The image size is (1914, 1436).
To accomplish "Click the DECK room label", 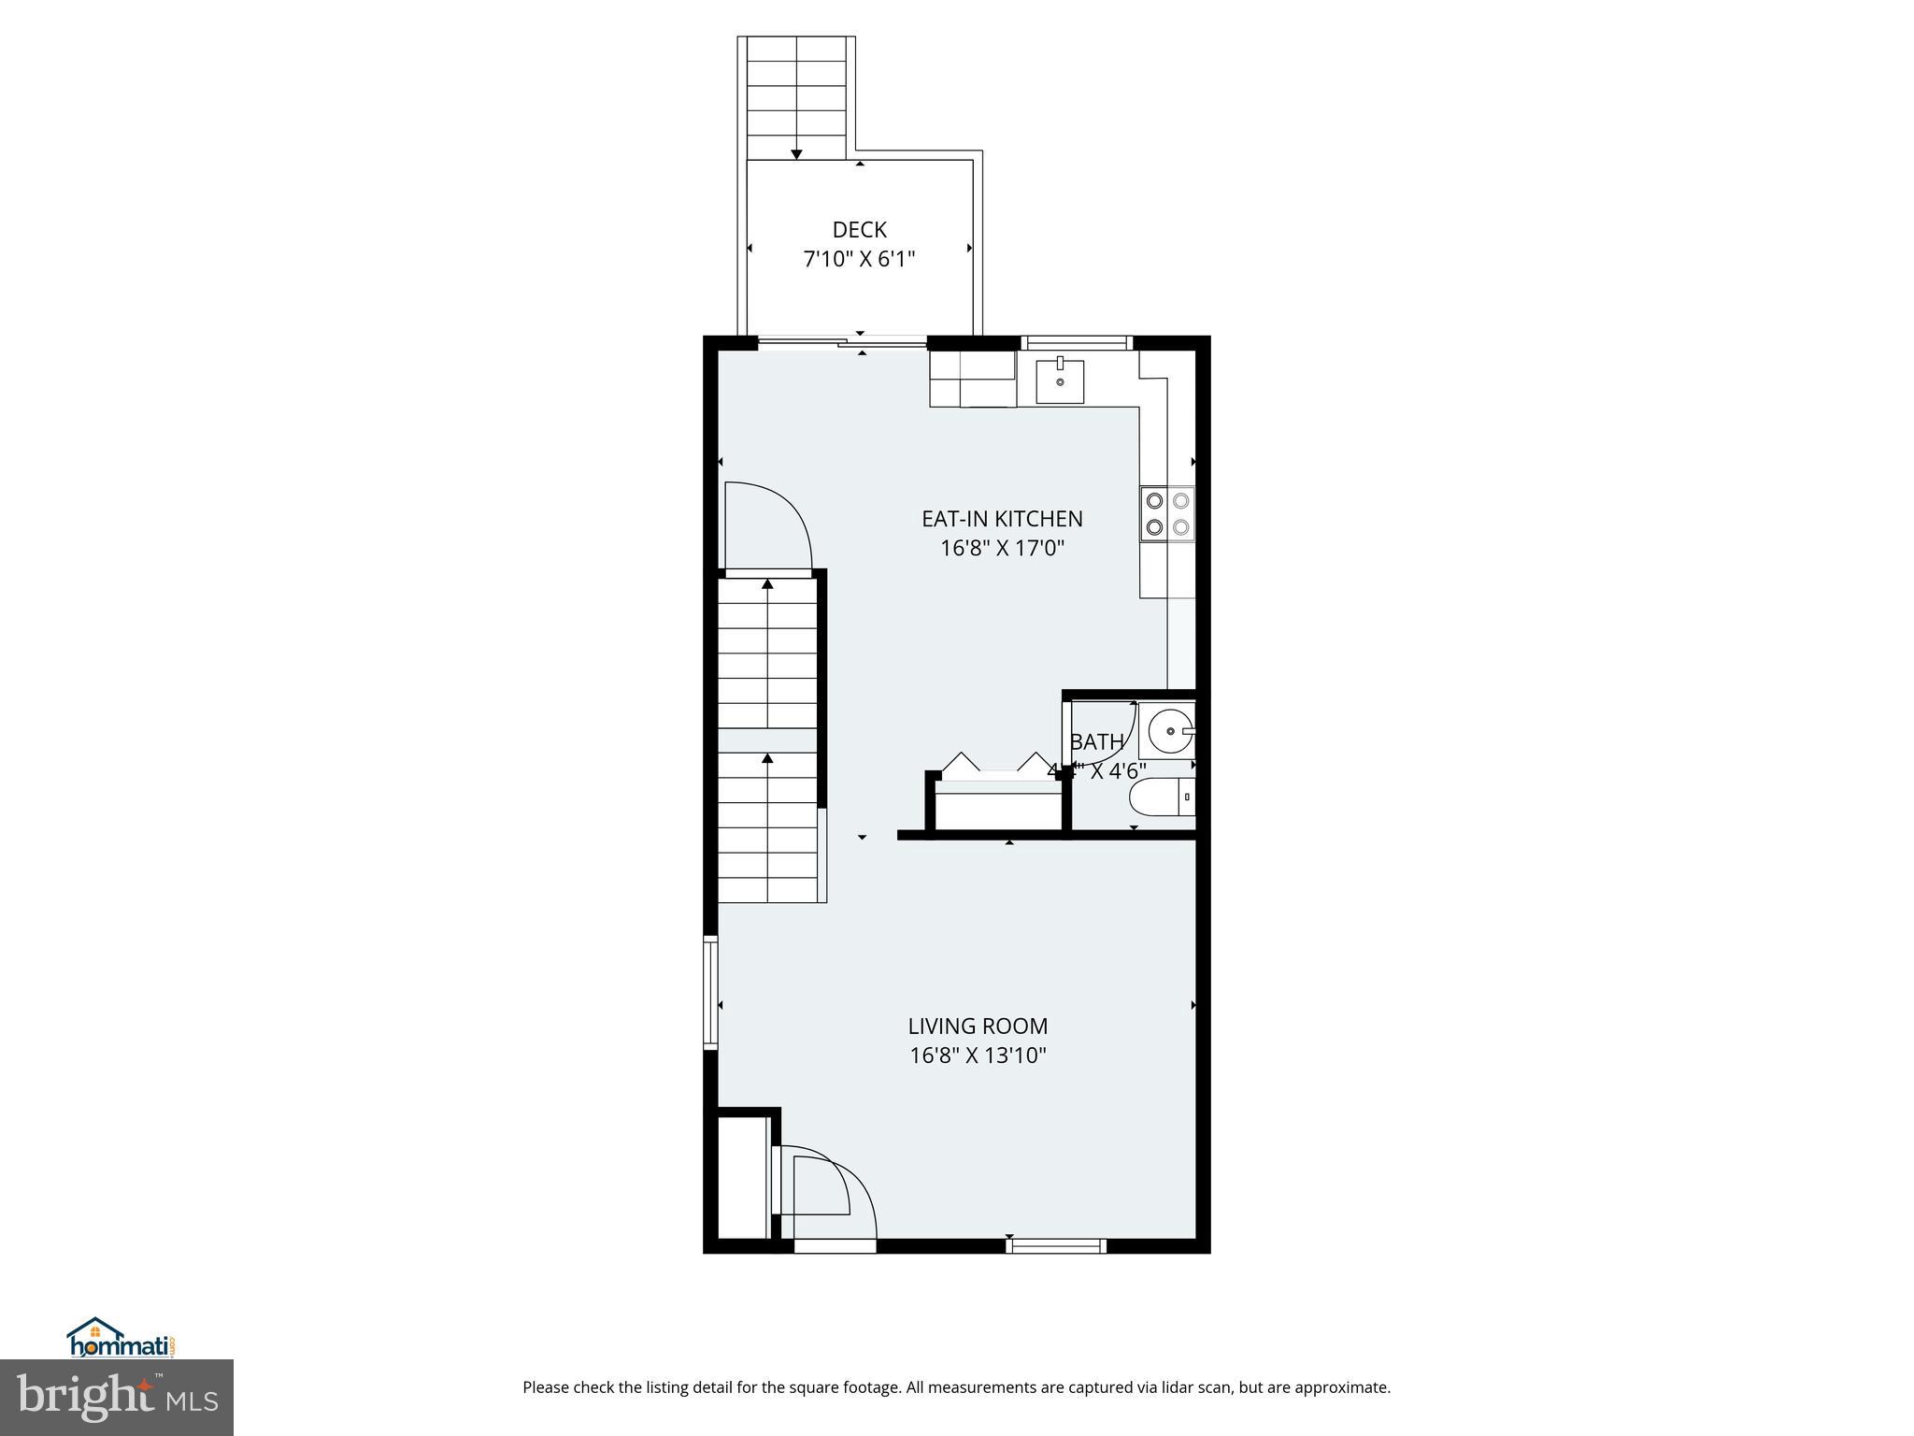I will (859, 230).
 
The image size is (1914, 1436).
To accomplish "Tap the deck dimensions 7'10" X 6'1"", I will (859, 259).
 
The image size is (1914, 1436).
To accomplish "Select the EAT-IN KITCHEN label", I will (1002, 519).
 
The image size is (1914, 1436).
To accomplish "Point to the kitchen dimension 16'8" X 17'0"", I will (1002, 548).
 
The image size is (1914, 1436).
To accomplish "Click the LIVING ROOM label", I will (978, 1027).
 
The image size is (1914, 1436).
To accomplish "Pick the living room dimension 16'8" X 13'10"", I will (978, 1055).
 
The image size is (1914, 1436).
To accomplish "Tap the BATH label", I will (1096, 742).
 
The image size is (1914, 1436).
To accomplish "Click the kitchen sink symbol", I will (1060, 381).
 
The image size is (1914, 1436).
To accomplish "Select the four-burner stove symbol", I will (1167, 513).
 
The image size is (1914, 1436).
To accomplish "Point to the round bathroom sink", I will (1169, 731).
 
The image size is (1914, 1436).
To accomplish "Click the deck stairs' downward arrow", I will (796, 153).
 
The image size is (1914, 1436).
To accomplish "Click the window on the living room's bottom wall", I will (1056, 1245).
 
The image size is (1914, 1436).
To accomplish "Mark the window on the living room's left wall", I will (710, 993).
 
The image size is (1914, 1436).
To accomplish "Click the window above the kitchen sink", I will (1077, 343).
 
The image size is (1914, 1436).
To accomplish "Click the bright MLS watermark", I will (117, 1398).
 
